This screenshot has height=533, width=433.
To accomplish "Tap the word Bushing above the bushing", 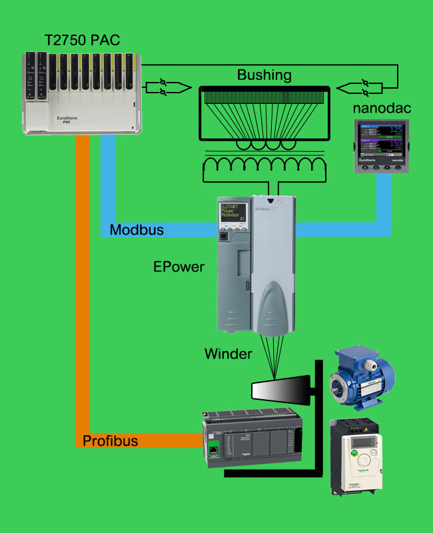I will (x=264, y=75).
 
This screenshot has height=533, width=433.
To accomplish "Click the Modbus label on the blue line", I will (x=137, y=230).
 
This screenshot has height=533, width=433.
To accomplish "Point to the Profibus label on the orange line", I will (x=110, y=440).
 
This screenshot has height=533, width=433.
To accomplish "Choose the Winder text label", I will (x=228, y=354).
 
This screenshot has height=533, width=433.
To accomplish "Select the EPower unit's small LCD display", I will (x=233, y=213).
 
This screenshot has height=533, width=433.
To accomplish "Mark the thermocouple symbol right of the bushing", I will (x=362, y=87).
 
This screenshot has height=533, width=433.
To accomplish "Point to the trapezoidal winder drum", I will (x=280, y=390).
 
